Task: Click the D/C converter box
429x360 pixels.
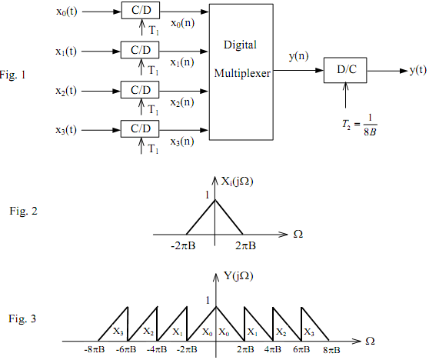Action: point(345,70)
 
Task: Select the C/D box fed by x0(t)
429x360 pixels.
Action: point(141,11)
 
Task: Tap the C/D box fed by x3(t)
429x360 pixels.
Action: point(140,128)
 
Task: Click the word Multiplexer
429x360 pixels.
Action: point(242,73)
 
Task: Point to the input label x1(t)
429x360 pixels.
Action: point(66,52)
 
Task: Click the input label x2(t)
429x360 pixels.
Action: point(66,91)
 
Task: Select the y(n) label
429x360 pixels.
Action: point(298,56)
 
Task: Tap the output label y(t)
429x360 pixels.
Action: point(417,70)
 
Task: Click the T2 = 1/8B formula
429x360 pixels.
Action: point(360,125)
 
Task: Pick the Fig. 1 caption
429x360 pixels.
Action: point(12,75)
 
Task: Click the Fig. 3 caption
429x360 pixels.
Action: point(22,318)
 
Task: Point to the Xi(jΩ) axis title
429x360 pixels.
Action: point(238,182)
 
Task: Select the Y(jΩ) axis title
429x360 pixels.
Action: point(238,276)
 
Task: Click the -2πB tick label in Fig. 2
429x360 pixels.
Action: point(183,246)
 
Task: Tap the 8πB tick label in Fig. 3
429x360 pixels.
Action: point(331,350)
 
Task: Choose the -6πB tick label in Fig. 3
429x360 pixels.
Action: point(126,349)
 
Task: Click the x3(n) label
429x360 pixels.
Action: point(182,142)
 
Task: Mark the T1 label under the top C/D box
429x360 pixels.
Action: point(154,30)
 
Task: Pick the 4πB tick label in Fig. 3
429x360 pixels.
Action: point(273,349)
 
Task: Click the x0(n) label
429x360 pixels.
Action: point(183,23)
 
